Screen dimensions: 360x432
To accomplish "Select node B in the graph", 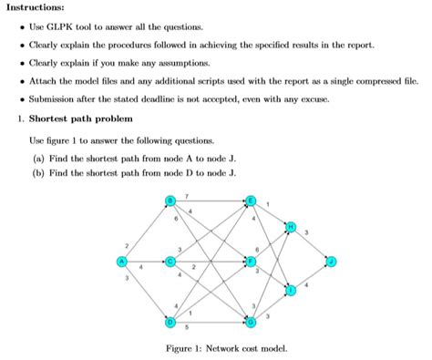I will tap(170, 201).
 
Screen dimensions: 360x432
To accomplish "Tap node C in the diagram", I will tap(170, 262).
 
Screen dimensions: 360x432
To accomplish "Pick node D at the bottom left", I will tap(170, 322).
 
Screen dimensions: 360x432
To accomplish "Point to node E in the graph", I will tap(252, 201).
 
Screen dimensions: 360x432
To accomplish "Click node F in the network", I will tap(252, 262).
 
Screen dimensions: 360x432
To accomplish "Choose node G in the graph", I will tap(252, 322).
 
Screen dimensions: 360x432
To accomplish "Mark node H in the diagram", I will tap(292, 226).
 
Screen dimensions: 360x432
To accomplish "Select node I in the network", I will tap(292, 291).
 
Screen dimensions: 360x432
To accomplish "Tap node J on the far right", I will tap(332, 262).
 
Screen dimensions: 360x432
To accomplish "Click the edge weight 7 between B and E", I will tap(187, 196).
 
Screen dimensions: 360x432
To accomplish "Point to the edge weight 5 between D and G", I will tap(187, 327).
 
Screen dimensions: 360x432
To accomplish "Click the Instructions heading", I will tap(33, 8).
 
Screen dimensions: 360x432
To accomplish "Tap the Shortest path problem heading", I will tap(81, 118).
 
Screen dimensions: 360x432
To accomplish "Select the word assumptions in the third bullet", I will tap(183, 63).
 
